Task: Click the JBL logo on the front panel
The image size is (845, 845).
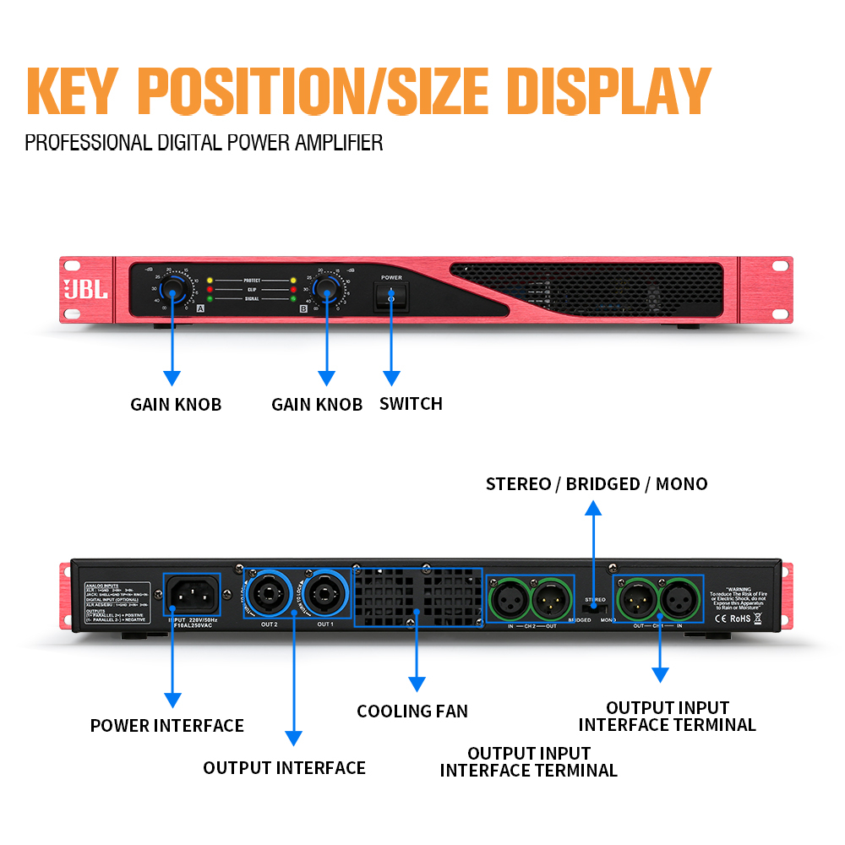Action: point(87,289)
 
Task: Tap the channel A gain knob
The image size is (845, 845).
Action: point(175,290)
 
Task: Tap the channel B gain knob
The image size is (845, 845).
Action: point(326,290)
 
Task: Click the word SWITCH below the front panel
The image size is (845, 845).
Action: point(411,404)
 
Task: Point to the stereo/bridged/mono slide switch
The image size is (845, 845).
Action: point(595,607)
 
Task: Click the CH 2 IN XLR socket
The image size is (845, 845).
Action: point(510,600)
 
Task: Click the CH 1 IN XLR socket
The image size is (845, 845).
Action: point(679,600)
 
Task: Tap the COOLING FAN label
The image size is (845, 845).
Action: point(412,711)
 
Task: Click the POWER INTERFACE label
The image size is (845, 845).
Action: point(167,726)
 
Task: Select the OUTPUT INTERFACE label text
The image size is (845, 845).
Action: point(285,768)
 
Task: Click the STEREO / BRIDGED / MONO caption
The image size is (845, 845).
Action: point(597,484)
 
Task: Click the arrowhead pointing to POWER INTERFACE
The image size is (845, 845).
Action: point(172,699)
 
